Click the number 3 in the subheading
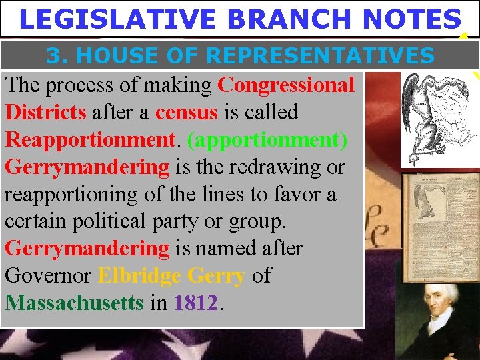click(x=55, y=56)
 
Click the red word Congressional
click(x=286, y=85)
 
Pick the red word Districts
click(x=45, y=111)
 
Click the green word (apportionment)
click(x=267, y=139)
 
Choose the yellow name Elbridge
click(x=139, y=275)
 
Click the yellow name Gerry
click(x=217, y=275)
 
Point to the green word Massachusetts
click(x=74, y=303)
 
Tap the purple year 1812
click(x=195, y=303)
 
